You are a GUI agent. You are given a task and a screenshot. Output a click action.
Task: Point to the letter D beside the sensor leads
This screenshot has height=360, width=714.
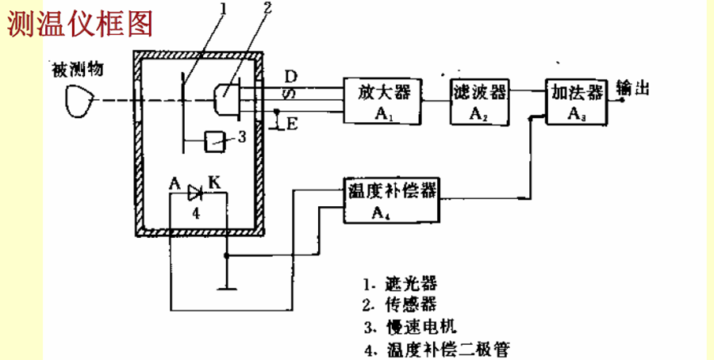click(x=291, y=76)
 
